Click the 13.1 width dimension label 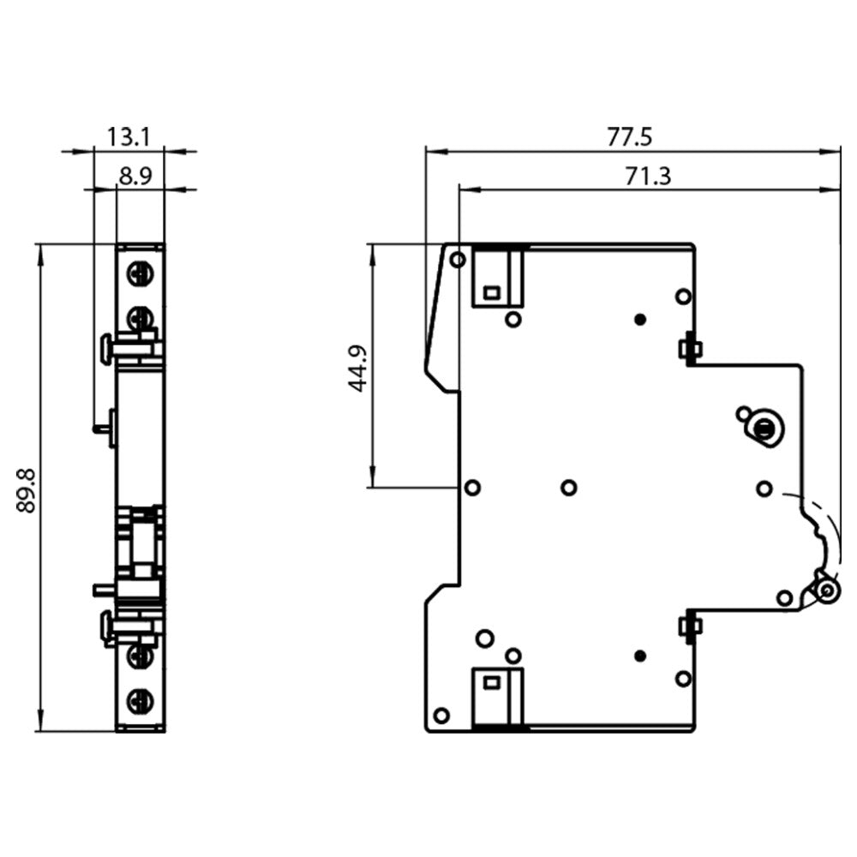coord(129,136)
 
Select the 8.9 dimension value coord(135,177)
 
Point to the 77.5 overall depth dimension coord(630,136)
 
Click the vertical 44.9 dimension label coord(357,368)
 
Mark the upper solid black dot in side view coord(638,320)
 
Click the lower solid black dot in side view coord(638,656)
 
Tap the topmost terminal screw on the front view coord(139,274)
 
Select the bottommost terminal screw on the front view coord(139,702)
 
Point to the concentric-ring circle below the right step coord(762,426)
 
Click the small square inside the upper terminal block coord(491,292)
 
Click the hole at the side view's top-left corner coord(458,259)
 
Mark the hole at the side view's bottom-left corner coord(442,716)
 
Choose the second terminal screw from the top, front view coord(139,319)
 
